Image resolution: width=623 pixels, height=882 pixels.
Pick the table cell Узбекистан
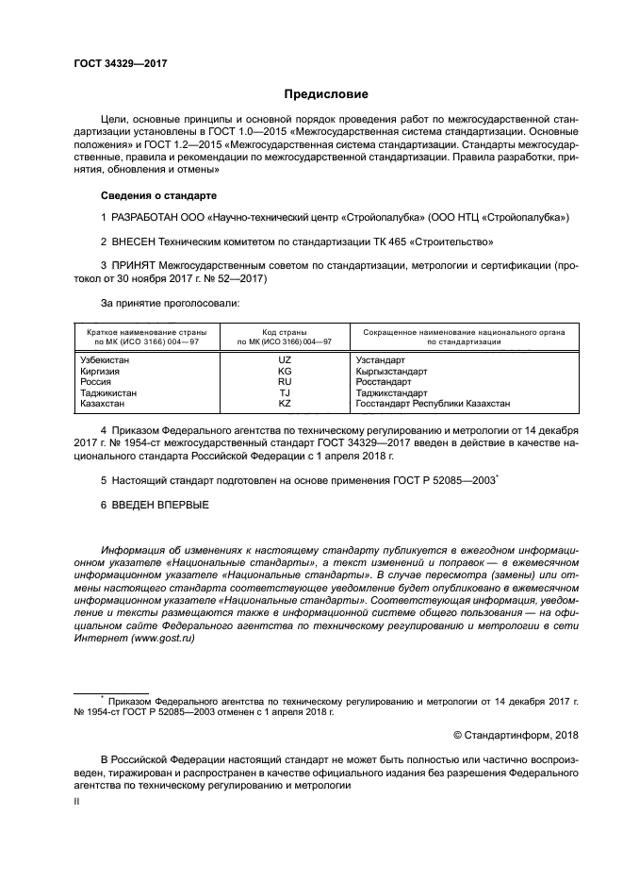[106, 360]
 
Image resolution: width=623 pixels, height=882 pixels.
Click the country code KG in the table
[285, 372]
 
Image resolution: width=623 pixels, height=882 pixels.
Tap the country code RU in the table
[285, 382]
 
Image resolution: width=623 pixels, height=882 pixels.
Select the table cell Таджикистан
[108, 392]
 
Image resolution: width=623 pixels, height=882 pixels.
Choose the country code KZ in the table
[285, 403]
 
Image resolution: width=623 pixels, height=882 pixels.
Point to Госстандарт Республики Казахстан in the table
[433, 403]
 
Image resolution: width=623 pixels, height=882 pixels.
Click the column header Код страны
[285, 333]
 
